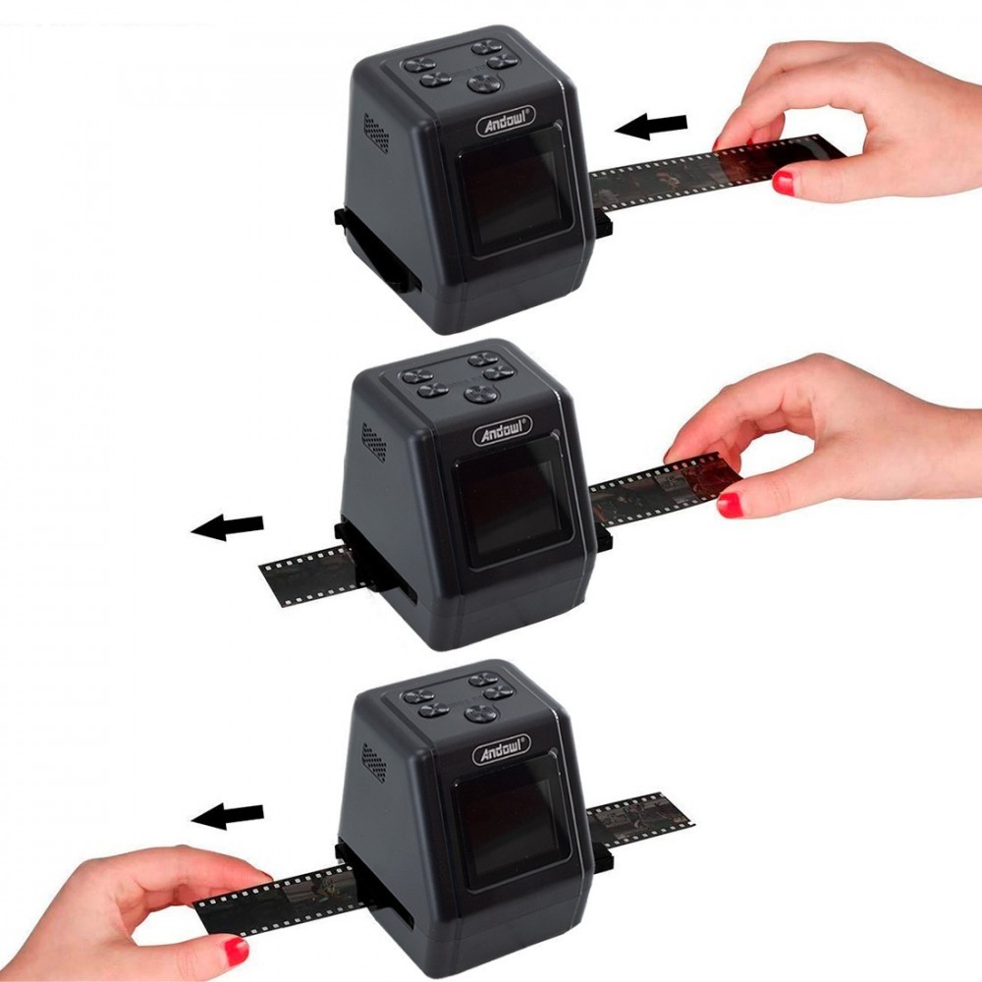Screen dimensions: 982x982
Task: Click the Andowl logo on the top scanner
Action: [x=506, y=122]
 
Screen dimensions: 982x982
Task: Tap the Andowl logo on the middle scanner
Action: [x=502, y=431]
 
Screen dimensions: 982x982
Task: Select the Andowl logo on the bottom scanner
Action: [x=502, y=749]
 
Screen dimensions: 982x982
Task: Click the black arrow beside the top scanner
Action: [x=651, y=126]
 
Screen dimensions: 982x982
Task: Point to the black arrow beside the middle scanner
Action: [x=227, y=526]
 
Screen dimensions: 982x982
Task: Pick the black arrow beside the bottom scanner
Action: [x=227, y=816]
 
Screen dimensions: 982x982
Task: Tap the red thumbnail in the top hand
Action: [x=783, y=183]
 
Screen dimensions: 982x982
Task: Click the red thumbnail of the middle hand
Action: [x=730, y=505]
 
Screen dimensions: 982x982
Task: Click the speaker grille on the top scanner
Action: [x=376, y=133]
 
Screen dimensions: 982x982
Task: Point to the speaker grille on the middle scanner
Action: [x=373, y=442]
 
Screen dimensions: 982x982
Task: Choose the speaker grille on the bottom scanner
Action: [x=374, y=763]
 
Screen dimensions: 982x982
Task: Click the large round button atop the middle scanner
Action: [x=481, y=394]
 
